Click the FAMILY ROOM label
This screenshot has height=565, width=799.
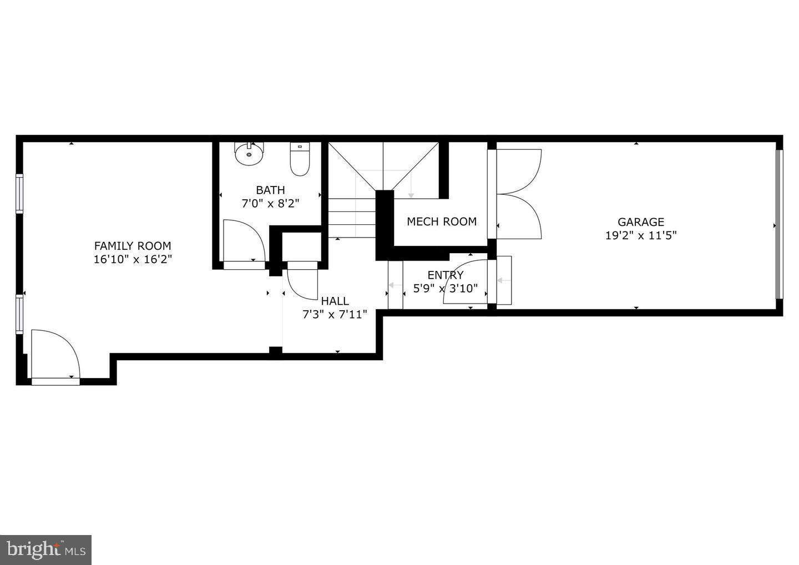pyautogui.click(x=133, y=246)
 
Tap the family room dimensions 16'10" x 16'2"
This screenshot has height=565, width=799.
pyautogui.click(x=133, y=259)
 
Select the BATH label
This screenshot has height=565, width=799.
pyautogui.click(x=270, y=190)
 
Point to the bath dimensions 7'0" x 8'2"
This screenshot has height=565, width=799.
pyautogui.click(x=270, y=203)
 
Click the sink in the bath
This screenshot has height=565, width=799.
pyautogui.click(x=249, y=154)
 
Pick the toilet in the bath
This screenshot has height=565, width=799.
pyautogui.click(x=300, y=159)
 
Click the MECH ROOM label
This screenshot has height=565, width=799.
pyautogui.click(x=442, y=221)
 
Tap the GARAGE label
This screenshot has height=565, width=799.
pyautogui.click(x=641, y=222)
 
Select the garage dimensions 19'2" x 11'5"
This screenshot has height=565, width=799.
pyautogui.click(x=641, y=235)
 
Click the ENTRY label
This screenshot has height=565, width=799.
pyautogui.click(x=446, y=275)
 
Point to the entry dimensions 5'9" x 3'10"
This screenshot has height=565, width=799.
pyautogui.click(x=446, y=289)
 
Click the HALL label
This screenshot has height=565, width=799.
pyautogui.click(x=335, y=301)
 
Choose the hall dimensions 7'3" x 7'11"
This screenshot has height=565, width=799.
pyautogui.click(x=335, y=315)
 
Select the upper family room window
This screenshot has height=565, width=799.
pyautogui.click(x=20, y=193)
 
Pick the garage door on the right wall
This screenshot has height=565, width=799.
pyautogui.click(x=778, y=225)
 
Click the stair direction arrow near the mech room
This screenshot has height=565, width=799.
pyautogui.click(x=411, y=194)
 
